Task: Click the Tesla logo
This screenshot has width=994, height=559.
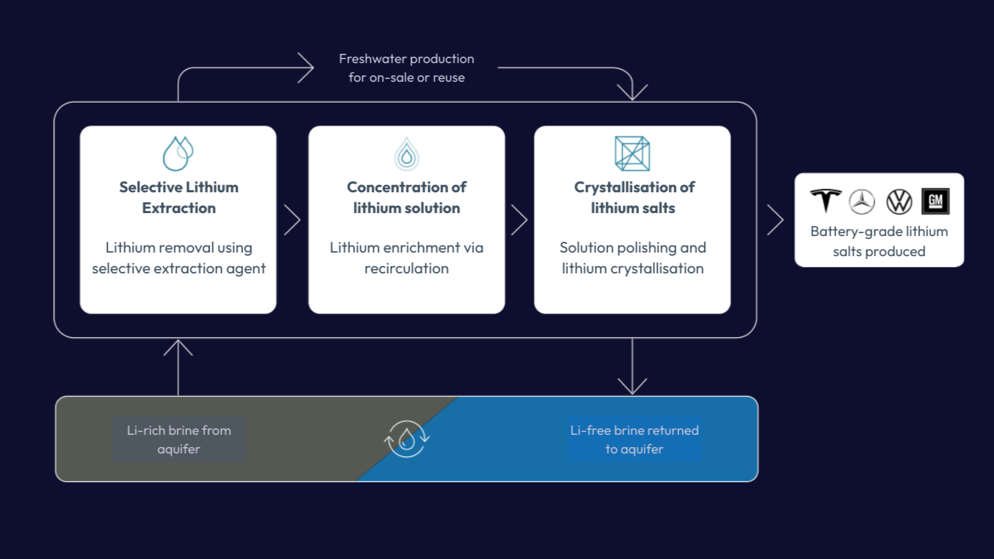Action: [x=825, y=201]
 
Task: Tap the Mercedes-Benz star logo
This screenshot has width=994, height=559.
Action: [x=862, y=202]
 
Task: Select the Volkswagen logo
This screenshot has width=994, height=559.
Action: [x=899, y=202]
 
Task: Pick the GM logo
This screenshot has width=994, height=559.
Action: [x=935, y=202]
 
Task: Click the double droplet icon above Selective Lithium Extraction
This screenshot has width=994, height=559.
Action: [x=178, y=153]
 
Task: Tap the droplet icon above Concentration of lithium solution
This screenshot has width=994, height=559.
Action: [x=407, y=154]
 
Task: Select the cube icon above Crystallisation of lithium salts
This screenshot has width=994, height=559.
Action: [x=632, y=154]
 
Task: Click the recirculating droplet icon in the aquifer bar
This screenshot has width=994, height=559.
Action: [x=407, y=438]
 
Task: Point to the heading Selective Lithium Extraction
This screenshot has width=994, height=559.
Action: [x=179, y=197]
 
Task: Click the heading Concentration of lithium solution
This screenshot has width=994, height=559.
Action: [x=407, y=197]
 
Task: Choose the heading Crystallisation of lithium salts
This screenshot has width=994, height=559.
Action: [x=634, y=197]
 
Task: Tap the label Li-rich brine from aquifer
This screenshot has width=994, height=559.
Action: [x=179, y=439]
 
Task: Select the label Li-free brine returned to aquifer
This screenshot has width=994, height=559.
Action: [x=634, y=439]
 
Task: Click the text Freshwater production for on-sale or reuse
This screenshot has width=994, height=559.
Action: [x=407, y=67]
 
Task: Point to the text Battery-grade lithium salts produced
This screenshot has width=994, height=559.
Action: [x=879, y=241]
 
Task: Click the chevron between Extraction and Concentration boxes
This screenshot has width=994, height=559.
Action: [x=292, y=220]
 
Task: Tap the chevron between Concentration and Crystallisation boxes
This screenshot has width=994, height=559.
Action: [x=519, y=220]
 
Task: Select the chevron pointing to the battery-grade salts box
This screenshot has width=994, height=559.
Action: [x=775, y=220]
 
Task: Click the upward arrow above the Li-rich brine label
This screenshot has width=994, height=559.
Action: [x=178, y=366]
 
